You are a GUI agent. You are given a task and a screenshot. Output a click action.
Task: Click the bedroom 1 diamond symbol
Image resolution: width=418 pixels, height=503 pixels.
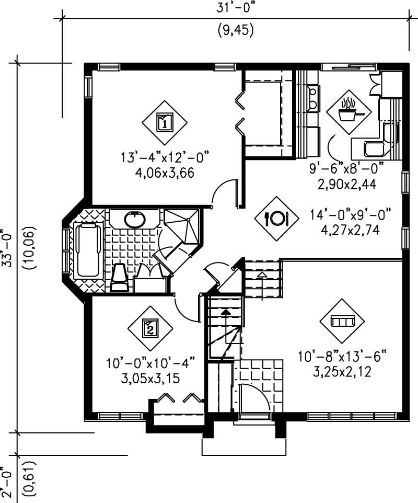click(x=164, y=123)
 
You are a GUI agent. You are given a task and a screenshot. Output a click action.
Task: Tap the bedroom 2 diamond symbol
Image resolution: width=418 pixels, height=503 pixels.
click(x=150, y=329)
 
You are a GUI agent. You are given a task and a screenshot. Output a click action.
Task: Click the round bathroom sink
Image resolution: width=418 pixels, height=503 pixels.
click(x=135, y=220)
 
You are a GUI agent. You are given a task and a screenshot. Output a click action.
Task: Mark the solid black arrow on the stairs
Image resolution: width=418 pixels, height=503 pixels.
click(x=225, y=312)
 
